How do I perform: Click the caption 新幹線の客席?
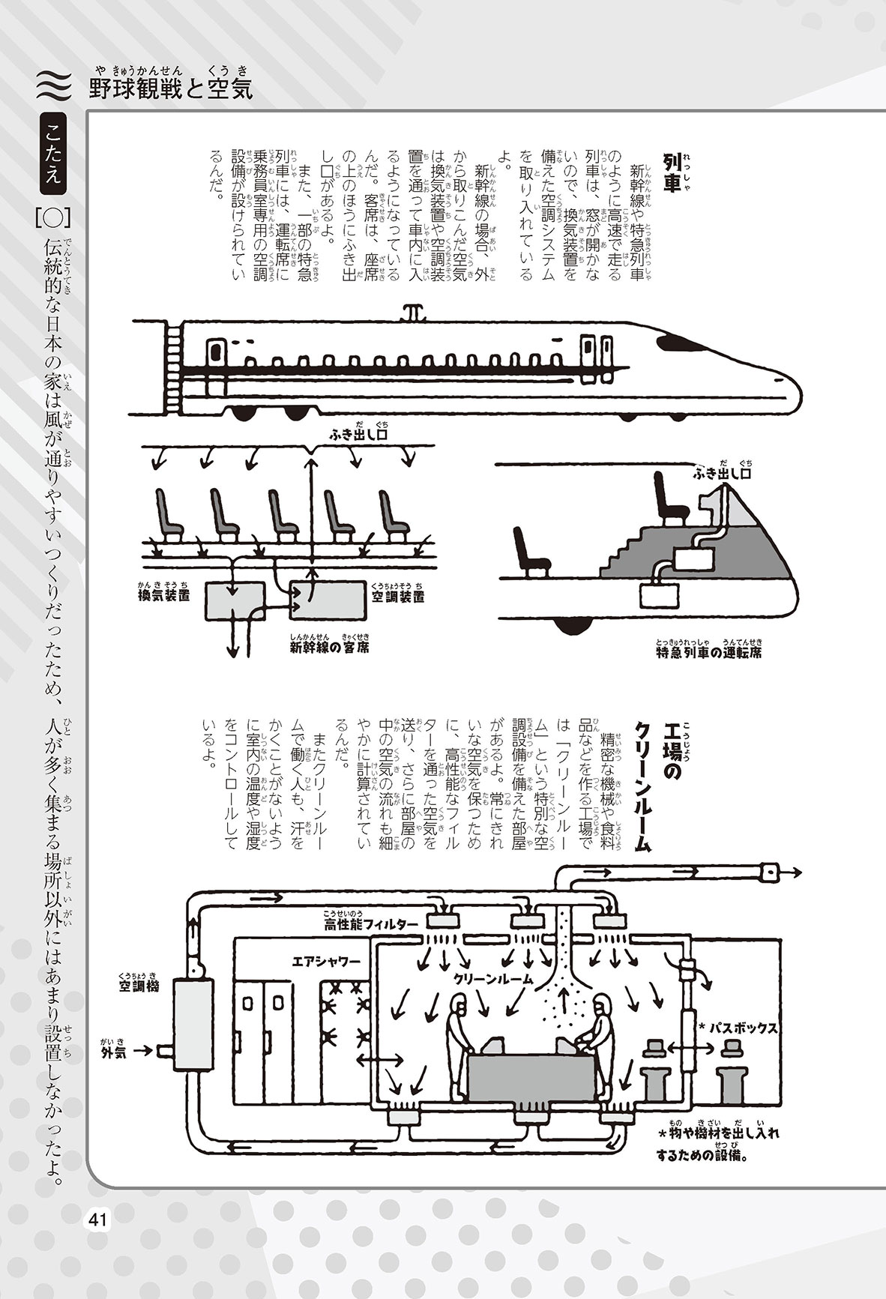point(329,645)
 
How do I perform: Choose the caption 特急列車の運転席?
point(708,651)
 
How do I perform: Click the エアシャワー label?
point(326,960)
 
